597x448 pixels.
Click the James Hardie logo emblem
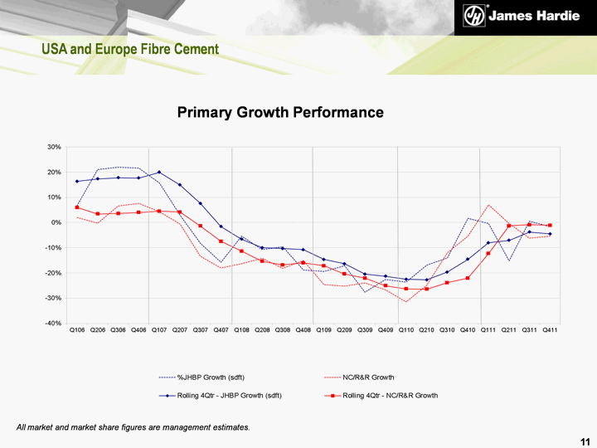(x=473, y=16)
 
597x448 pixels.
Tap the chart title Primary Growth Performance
(x=280, y=112)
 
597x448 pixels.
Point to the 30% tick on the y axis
(x=55, y=148)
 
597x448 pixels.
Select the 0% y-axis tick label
(x=57, y=222)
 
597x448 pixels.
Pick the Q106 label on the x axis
(x=77, y=330)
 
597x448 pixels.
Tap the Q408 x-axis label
(x=303, y=330)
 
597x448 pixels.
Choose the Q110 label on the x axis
(x=406, y=330)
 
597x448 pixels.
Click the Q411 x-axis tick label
(x=550, y=330)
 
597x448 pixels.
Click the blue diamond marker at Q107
(x=159, y=173)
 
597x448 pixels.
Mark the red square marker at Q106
(x=77, y=207)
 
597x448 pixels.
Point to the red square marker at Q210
(x=427, y=289)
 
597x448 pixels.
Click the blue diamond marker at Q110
(x=406, y=280)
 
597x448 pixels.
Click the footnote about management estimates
(x=133, y=426)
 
